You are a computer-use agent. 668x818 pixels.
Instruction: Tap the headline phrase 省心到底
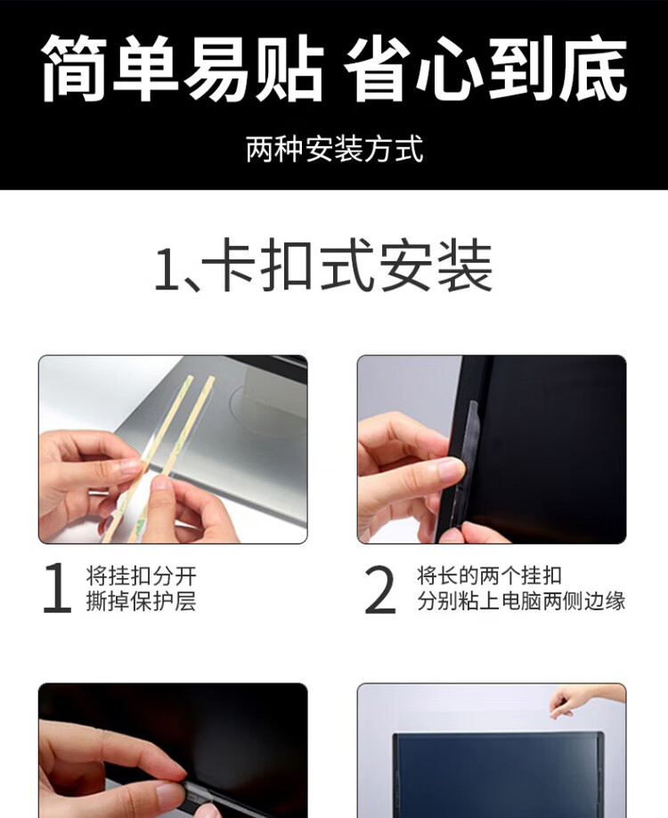coord(485,68)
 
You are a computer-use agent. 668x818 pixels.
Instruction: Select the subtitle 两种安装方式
coord(334,149)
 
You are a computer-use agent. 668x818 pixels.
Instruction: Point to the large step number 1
coord(57,587)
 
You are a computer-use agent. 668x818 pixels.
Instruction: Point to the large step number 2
coord(380,589)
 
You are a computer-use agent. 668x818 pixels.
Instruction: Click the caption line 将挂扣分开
coord(142,576)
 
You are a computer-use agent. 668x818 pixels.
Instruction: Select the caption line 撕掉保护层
coord(142,601)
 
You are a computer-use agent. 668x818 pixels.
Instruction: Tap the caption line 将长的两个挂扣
coord(489,576)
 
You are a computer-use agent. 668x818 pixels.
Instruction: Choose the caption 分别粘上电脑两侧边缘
coord(521,601)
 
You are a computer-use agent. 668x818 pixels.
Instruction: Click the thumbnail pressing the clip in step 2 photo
coord(450,470)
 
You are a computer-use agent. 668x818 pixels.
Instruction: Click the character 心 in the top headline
coord(449,68)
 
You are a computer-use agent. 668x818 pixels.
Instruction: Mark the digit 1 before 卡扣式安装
coord(167,268)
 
